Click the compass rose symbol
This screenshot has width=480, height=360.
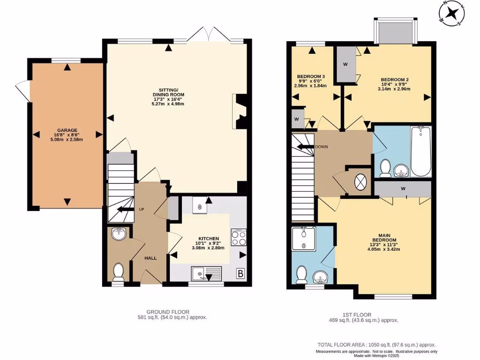pyautogui.click(x=452, y=13)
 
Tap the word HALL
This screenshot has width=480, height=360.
pyautogui.click(x=150, y=258)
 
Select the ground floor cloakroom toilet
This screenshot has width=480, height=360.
pyautogui.click(x=118, y=272)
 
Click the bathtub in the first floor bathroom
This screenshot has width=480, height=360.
pyautogui.click(x=420, y=151)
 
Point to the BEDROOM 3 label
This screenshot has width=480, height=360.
pyautogui.click(x=311, y=76)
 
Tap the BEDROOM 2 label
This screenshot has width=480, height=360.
pyautogui.click(x=395, y=80)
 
